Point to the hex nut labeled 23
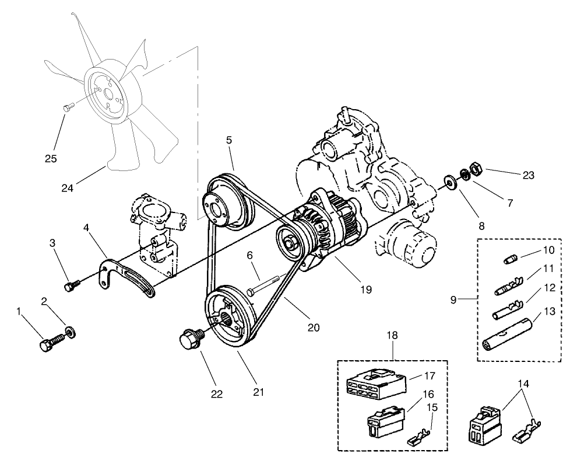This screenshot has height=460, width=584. [x=474, y=169]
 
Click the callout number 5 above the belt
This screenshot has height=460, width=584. [x=229, y=141]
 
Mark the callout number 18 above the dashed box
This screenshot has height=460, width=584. [x=393, y=336]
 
